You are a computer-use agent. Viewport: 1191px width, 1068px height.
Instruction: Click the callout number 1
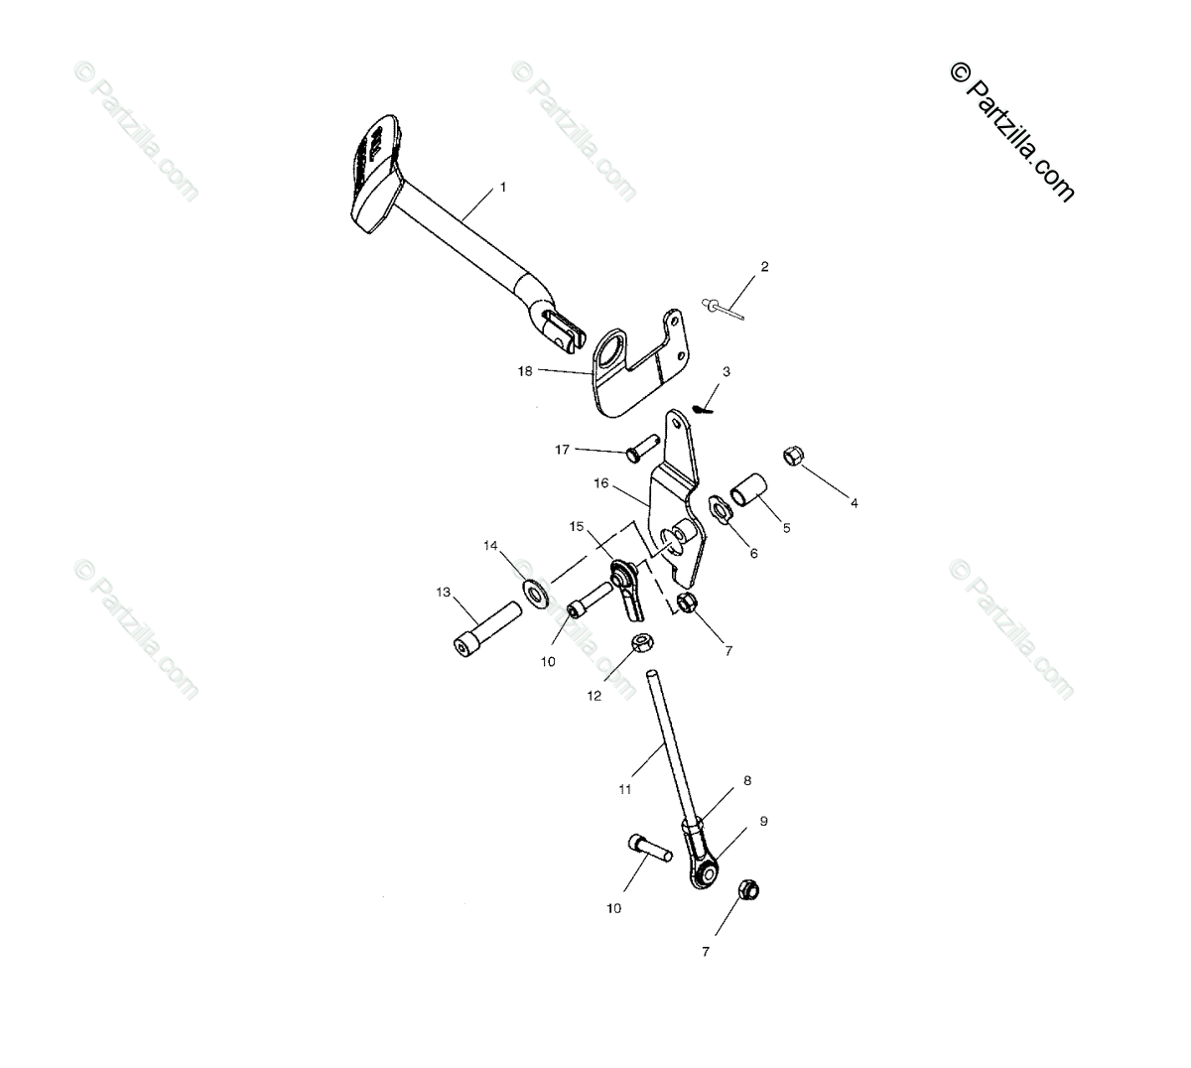(x=502, y=187)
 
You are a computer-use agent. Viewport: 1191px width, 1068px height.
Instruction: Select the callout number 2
(x=764, y=266)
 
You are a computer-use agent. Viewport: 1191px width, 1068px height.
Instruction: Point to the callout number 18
(x=525, y=371)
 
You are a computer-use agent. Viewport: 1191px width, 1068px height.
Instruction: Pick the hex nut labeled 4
(x=793, y=456)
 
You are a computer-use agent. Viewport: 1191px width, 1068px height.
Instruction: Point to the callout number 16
(x=601, y=484)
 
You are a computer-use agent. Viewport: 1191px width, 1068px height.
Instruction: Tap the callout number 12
(x=595, y=696)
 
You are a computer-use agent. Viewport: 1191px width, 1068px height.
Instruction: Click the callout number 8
(x=747, y=781)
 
